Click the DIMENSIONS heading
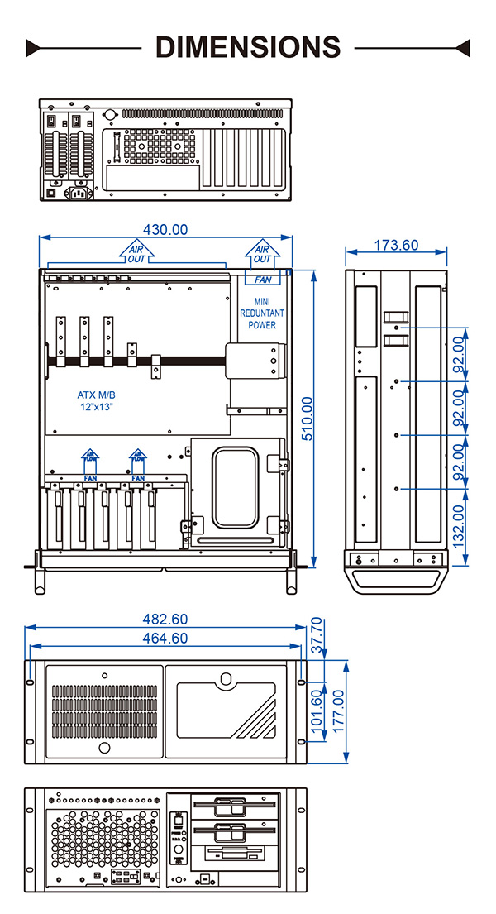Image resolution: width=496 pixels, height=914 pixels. click(248, 46)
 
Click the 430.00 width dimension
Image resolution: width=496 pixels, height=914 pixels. click(165, 229)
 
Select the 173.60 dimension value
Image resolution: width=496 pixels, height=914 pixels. click(396, 245)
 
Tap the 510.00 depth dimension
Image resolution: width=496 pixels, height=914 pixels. click(308, 419)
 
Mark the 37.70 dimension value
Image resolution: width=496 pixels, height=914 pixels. click(317, 635)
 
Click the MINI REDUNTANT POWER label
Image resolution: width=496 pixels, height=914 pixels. click(262, 313)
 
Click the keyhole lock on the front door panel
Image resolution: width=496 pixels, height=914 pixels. click(227, 680)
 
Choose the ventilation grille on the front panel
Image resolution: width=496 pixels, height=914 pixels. click(104, 711)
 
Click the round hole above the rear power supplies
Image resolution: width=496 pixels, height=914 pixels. click(110, 117)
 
